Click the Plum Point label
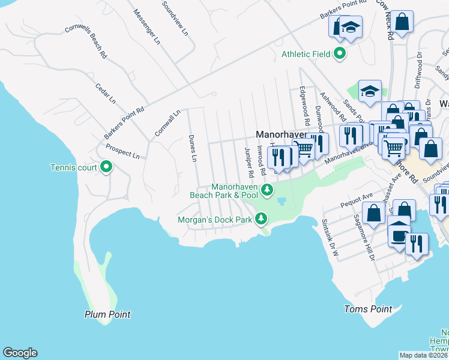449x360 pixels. click(x=107, y=314)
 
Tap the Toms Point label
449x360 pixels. click(x=368, y=309)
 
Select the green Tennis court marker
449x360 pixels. click(x=106, y=167)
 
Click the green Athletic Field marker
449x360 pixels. click(x=339, y=54)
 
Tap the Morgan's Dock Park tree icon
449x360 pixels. click(x=261, y=220)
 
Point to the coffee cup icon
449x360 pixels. click(x=398, y=234)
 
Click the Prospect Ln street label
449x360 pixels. click(x=122, y=151)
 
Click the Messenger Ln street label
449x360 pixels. click(x=147, y=27)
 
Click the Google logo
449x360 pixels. click(x=20, y=353)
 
